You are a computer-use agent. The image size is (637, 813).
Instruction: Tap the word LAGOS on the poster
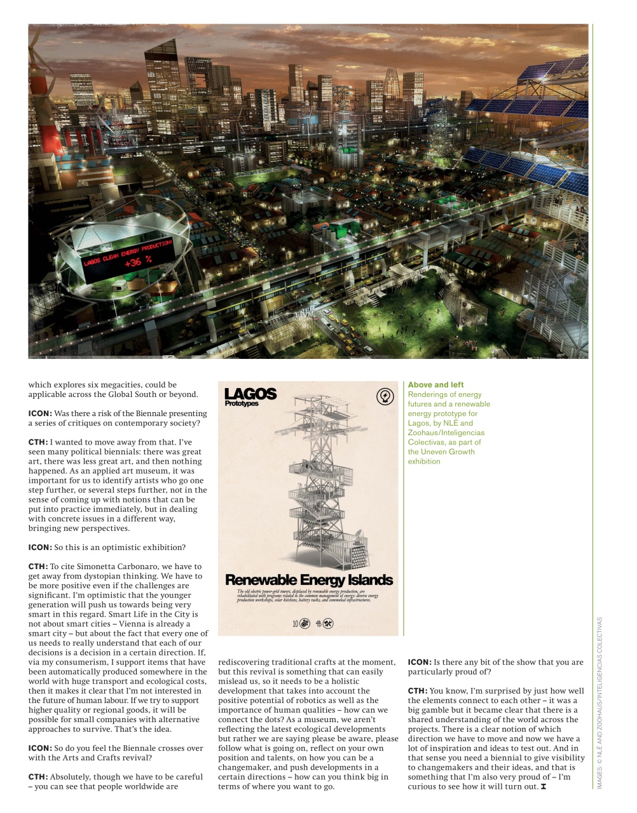(250, 394)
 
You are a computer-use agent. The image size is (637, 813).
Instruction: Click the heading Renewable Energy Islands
(308, 580)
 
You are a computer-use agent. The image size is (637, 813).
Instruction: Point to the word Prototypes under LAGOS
(242, 404)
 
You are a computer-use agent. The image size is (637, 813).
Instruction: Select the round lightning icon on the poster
(385, 396)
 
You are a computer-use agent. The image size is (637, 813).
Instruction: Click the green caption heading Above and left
(435, 385)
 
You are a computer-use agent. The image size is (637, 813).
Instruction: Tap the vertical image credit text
(599, 702)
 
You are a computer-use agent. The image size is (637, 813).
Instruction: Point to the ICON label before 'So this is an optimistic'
(39, 548)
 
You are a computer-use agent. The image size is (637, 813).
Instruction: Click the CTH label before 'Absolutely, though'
(38, 777)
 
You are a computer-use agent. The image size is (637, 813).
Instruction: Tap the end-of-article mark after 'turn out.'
(544, 787)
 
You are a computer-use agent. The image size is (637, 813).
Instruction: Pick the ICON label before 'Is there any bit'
(419, 662)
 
